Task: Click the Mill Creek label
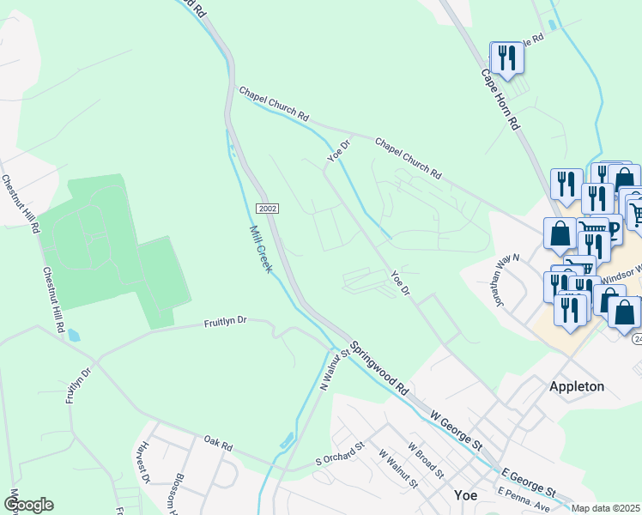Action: click(260, 249)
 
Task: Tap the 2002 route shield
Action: click(266, 209)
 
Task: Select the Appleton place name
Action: click(576, 386)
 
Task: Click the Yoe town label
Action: click(464, 495)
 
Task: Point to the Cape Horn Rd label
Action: click(503, 100)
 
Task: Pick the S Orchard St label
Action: click(340, 460)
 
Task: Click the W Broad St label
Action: click(425, 461)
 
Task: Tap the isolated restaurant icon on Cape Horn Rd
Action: click(506, 58)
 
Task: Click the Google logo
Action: click(28, 505)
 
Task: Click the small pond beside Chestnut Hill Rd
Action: click(73, 335)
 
